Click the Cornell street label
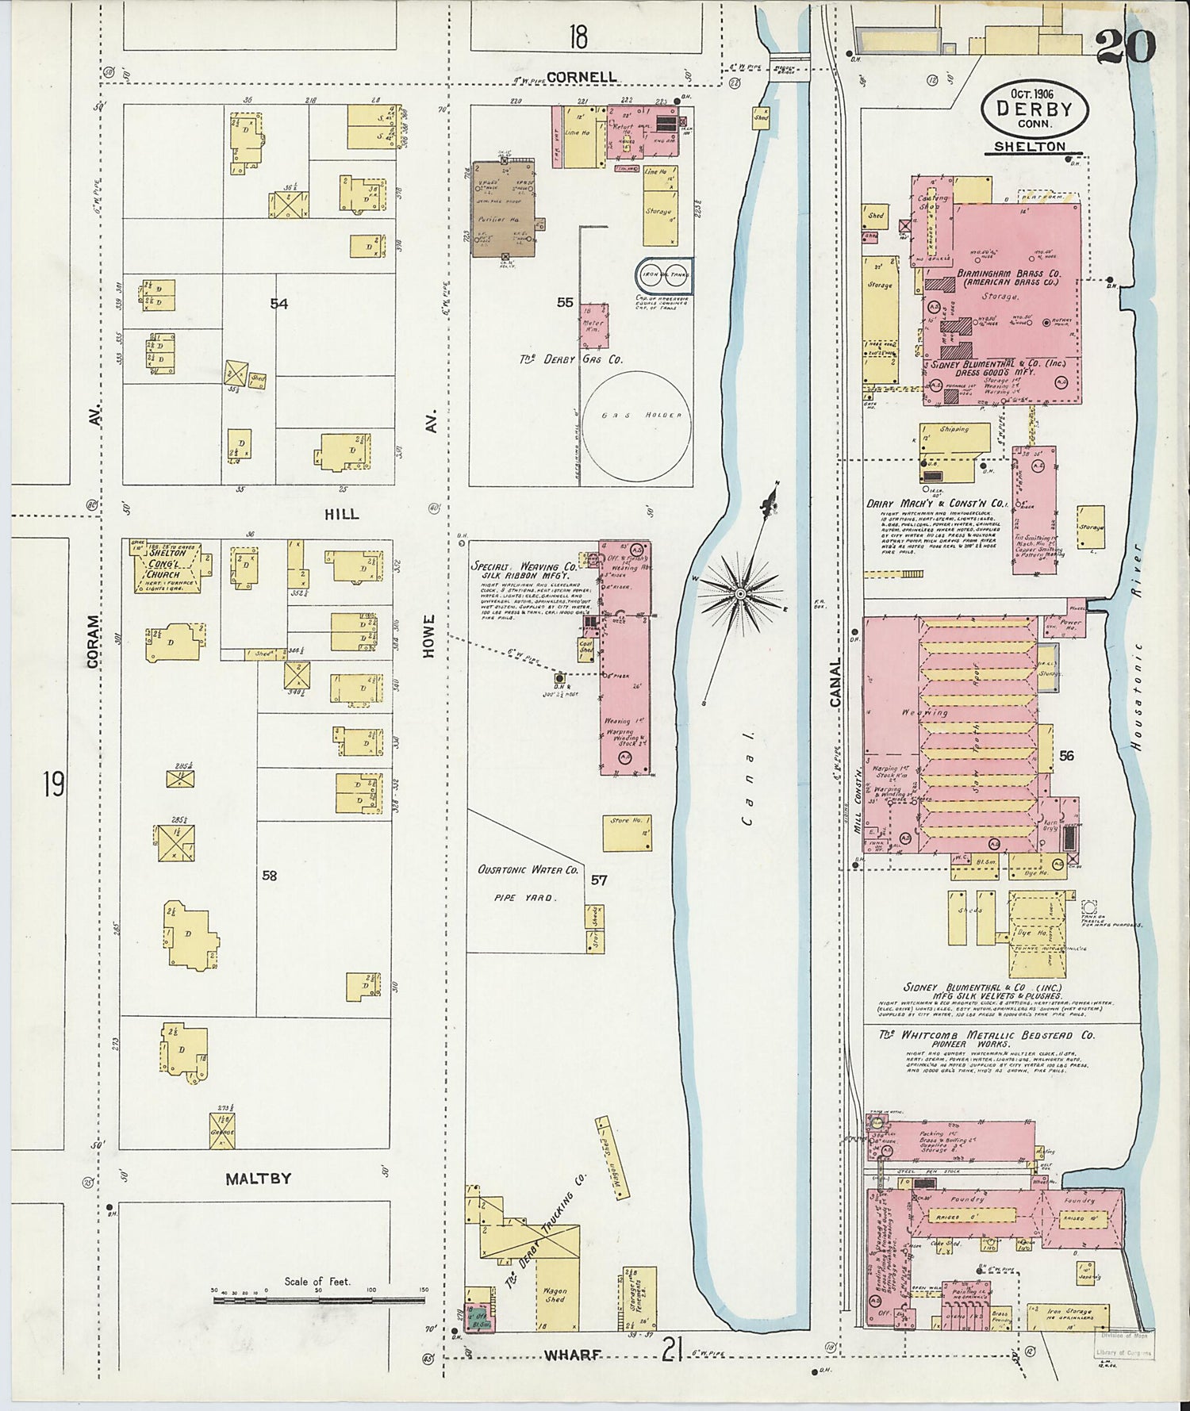coord(582,77)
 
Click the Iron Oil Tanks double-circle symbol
coord(665,275)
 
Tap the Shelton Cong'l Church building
coord(165,566)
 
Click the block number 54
coord(278,303)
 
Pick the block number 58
coord(270,876)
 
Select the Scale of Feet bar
coord(318,1300)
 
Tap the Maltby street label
coord(258,1179)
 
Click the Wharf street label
coord(572,1355)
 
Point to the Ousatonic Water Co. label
coord(528,870)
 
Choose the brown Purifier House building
coord(505,209)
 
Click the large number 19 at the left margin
coord(54,785)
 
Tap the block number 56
coord(1066,756)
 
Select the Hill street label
coord(341,514)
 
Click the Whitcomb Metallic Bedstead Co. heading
coord(987,1035)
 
